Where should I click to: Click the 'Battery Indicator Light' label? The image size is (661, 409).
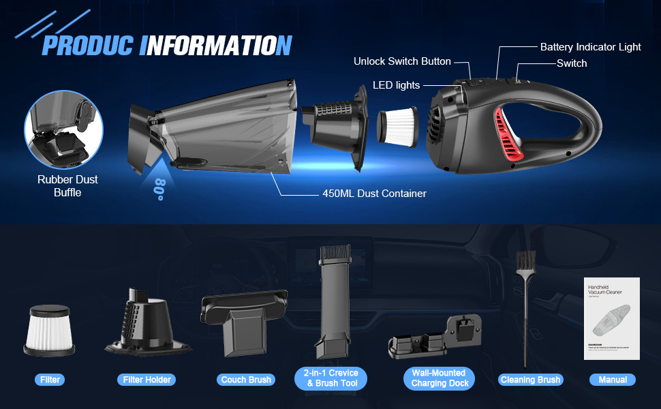pyautogui.click(x=590, y=47)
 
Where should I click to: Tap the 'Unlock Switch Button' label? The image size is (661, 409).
pyautogui.click(x=402, y=61)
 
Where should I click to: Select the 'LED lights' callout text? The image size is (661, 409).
pyautogui.click(x=396, y=85)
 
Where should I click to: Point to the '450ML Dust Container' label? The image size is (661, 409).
pyautogui.click(x=374, y=194)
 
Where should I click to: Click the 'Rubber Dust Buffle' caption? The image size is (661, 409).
pyautogui.click(x=67, y=186)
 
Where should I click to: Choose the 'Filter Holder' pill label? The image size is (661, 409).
pyautogui.click(x=147, y=380)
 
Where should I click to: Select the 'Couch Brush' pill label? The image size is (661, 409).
pyautogui.click(x=246, y=380)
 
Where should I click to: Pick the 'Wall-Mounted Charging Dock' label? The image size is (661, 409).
pyautogui.click(x=438, y=378)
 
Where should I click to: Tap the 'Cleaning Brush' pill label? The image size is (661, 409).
pyautogui.click(x=529, y=380)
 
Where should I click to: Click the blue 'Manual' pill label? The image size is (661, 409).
pyautogui.click(x=613, y=380)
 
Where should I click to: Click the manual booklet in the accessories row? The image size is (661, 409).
pyautogui.click(x=612, y=319)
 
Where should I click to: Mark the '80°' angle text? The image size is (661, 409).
pyautogui.click(x=159, y=189)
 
